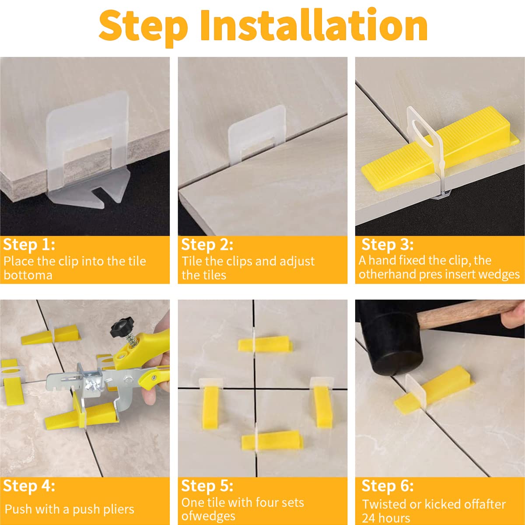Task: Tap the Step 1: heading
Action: pyautogui.click(x=29, y=245)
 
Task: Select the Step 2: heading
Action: pyautogui.click(x=207, y=245)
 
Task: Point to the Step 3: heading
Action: pyautogui.click(x=388, y=245)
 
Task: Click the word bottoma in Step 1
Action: pyautogui.click(x=28, y=275)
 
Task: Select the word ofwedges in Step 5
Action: pyautogui.click(x=208, y=516)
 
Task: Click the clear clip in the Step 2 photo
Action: pyautogui.click(x=257, y=135)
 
